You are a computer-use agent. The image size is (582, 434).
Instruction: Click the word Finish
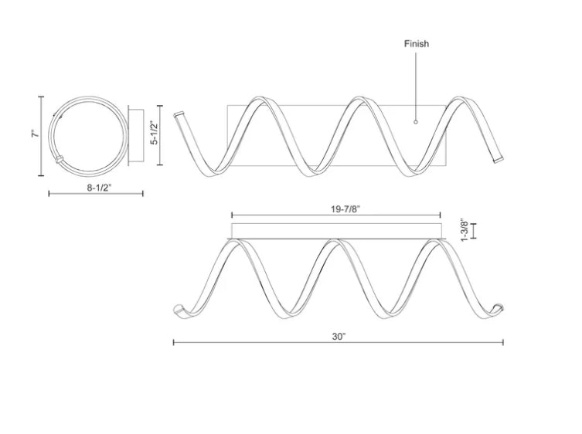417,44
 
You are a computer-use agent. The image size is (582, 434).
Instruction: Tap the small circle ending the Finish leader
416,122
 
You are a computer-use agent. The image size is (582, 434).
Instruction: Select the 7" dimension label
36,134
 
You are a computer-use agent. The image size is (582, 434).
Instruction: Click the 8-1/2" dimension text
99,188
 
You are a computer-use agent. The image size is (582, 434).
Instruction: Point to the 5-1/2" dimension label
155,132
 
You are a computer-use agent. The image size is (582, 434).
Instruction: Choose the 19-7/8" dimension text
345,209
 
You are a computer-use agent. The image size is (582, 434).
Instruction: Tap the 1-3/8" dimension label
465,230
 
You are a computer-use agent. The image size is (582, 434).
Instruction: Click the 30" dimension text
339,337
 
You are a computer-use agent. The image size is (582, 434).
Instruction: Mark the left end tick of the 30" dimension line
174,342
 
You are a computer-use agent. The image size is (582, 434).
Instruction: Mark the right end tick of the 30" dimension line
503,342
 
